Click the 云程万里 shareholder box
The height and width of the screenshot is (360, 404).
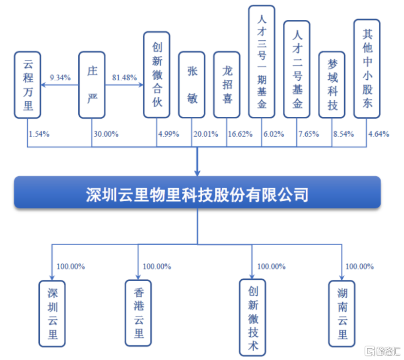[28, 84]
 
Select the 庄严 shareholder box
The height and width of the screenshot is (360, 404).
[92, 84]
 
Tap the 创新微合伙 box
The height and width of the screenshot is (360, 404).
[157, 74]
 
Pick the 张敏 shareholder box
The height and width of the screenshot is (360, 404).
[192, 84]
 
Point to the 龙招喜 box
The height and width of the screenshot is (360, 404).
[227, 84]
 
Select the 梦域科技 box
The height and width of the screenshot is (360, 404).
[332, 84]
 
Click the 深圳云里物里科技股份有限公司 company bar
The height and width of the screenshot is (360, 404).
[197, 193]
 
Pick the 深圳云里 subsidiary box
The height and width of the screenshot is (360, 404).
[52, 313]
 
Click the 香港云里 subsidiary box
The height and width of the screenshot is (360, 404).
[138, 312]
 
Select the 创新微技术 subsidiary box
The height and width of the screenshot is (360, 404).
[253, 317]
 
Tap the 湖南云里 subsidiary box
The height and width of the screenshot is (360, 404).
[342, 313]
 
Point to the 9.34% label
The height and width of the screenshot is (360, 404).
[61, 77]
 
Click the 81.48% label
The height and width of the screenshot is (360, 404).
[124, 77]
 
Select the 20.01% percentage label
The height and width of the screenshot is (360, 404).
[206, 134]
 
